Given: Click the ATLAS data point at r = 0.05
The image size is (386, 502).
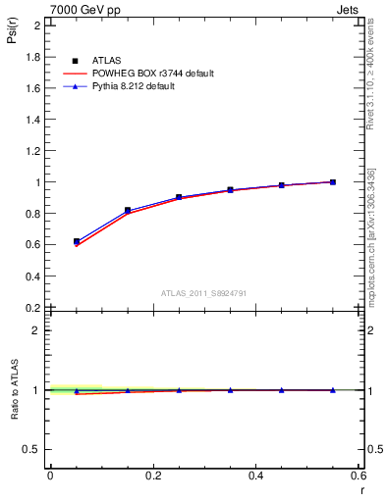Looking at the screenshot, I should point(77,241).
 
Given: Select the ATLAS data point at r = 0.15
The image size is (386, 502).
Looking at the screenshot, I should point(128,210).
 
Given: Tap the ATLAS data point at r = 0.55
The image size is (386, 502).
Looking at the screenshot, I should point(333,181).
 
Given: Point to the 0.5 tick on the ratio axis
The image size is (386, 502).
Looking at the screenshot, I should point(33,449).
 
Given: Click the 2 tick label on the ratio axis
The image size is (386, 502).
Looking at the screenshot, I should point(37,330).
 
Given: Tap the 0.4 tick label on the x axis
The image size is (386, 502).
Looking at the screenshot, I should point(255,477).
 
